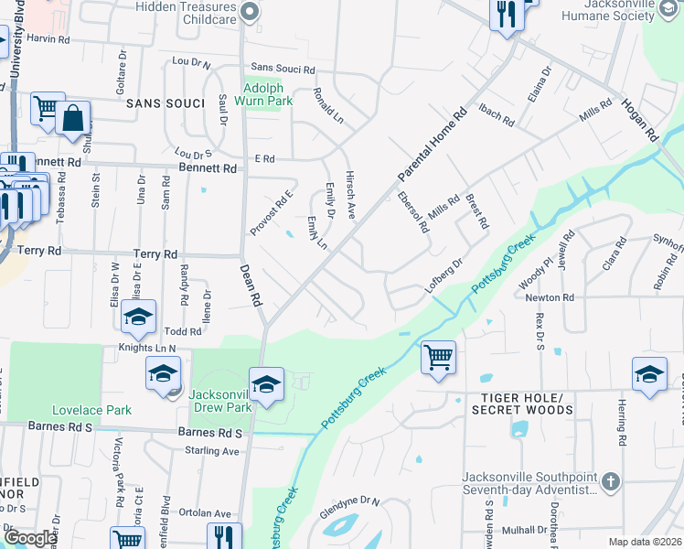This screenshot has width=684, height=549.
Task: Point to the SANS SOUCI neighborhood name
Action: click(165, 103)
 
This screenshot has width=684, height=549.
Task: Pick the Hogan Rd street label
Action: click(640, 119)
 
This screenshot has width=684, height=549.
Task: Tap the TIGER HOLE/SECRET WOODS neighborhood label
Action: click(522, 404)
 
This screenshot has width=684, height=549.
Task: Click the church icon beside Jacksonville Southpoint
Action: click(611, 480)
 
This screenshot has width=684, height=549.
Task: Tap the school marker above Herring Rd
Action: click(649, 374)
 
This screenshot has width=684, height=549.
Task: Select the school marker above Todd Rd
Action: click(138, 317)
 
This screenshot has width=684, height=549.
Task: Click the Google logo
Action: click(30, 538)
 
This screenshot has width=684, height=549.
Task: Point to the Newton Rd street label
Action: click(549, 297)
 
